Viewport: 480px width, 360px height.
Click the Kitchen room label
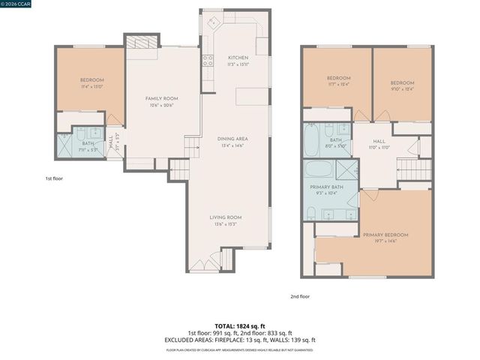pyautogui.click(x=238, y=58)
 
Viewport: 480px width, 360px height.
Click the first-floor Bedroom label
pyautogui.click(x=91, y=80)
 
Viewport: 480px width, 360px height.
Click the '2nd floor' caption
pyautogui.click(x=300, y=296)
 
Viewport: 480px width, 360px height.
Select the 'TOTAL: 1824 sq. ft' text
pyautogui.click(x=240, y=325)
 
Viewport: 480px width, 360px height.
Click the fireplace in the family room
pyautogui.click(x=142, y=43)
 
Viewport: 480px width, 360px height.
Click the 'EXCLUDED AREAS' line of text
pyautogui.click(x=240, y=340)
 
